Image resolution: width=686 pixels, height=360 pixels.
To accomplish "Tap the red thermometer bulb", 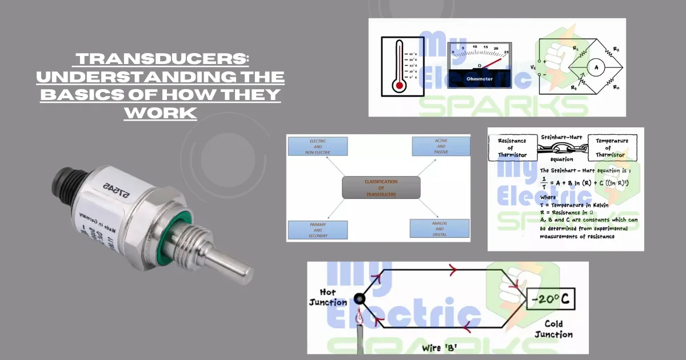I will point(399,87).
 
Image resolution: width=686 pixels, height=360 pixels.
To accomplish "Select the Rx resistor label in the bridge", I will point(616,87).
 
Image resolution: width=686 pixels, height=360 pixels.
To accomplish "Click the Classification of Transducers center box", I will point(381,187).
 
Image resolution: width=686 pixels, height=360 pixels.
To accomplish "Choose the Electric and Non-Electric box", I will point(318,146).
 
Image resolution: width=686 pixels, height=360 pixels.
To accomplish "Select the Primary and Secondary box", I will point(318,229).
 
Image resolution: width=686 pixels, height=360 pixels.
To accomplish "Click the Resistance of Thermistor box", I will point(512,148).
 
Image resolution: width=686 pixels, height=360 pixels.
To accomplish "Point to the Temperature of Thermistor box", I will point(612,148).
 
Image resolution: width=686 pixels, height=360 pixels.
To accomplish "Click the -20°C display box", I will point(552,299).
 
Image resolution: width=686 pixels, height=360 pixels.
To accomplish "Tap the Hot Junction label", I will point(328,298).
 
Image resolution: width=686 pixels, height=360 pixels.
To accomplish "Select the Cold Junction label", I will point(553,329).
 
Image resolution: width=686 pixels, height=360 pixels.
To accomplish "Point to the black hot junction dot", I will point(359,298).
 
